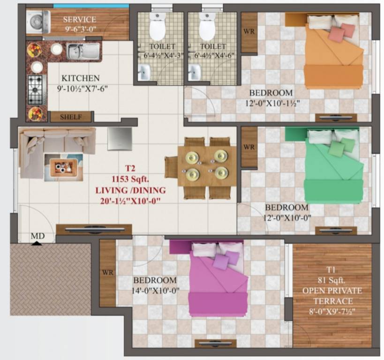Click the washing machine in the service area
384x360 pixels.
tap(35, 22)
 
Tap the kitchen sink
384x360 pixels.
tap(83, 51)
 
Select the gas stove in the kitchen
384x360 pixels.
tap(36, 90)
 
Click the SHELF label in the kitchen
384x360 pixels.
tap(71, 117)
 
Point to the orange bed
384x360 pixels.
tap(333, 54)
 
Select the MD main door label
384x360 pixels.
tap(38, 237)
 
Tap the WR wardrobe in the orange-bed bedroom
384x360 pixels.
tap(249, 32)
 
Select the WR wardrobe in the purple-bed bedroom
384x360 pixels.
tap(107, 272)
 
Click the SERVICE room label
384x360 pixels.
tap(79, 20)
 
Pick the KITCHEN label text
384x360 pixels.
tap(80, 78)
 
